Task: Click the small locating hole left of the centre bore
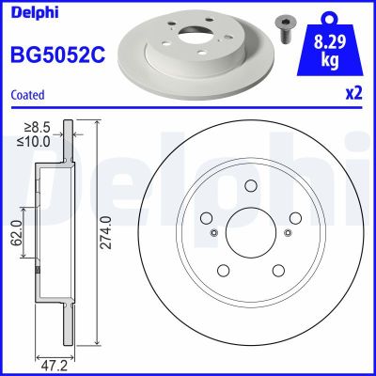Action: point(214,234)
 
